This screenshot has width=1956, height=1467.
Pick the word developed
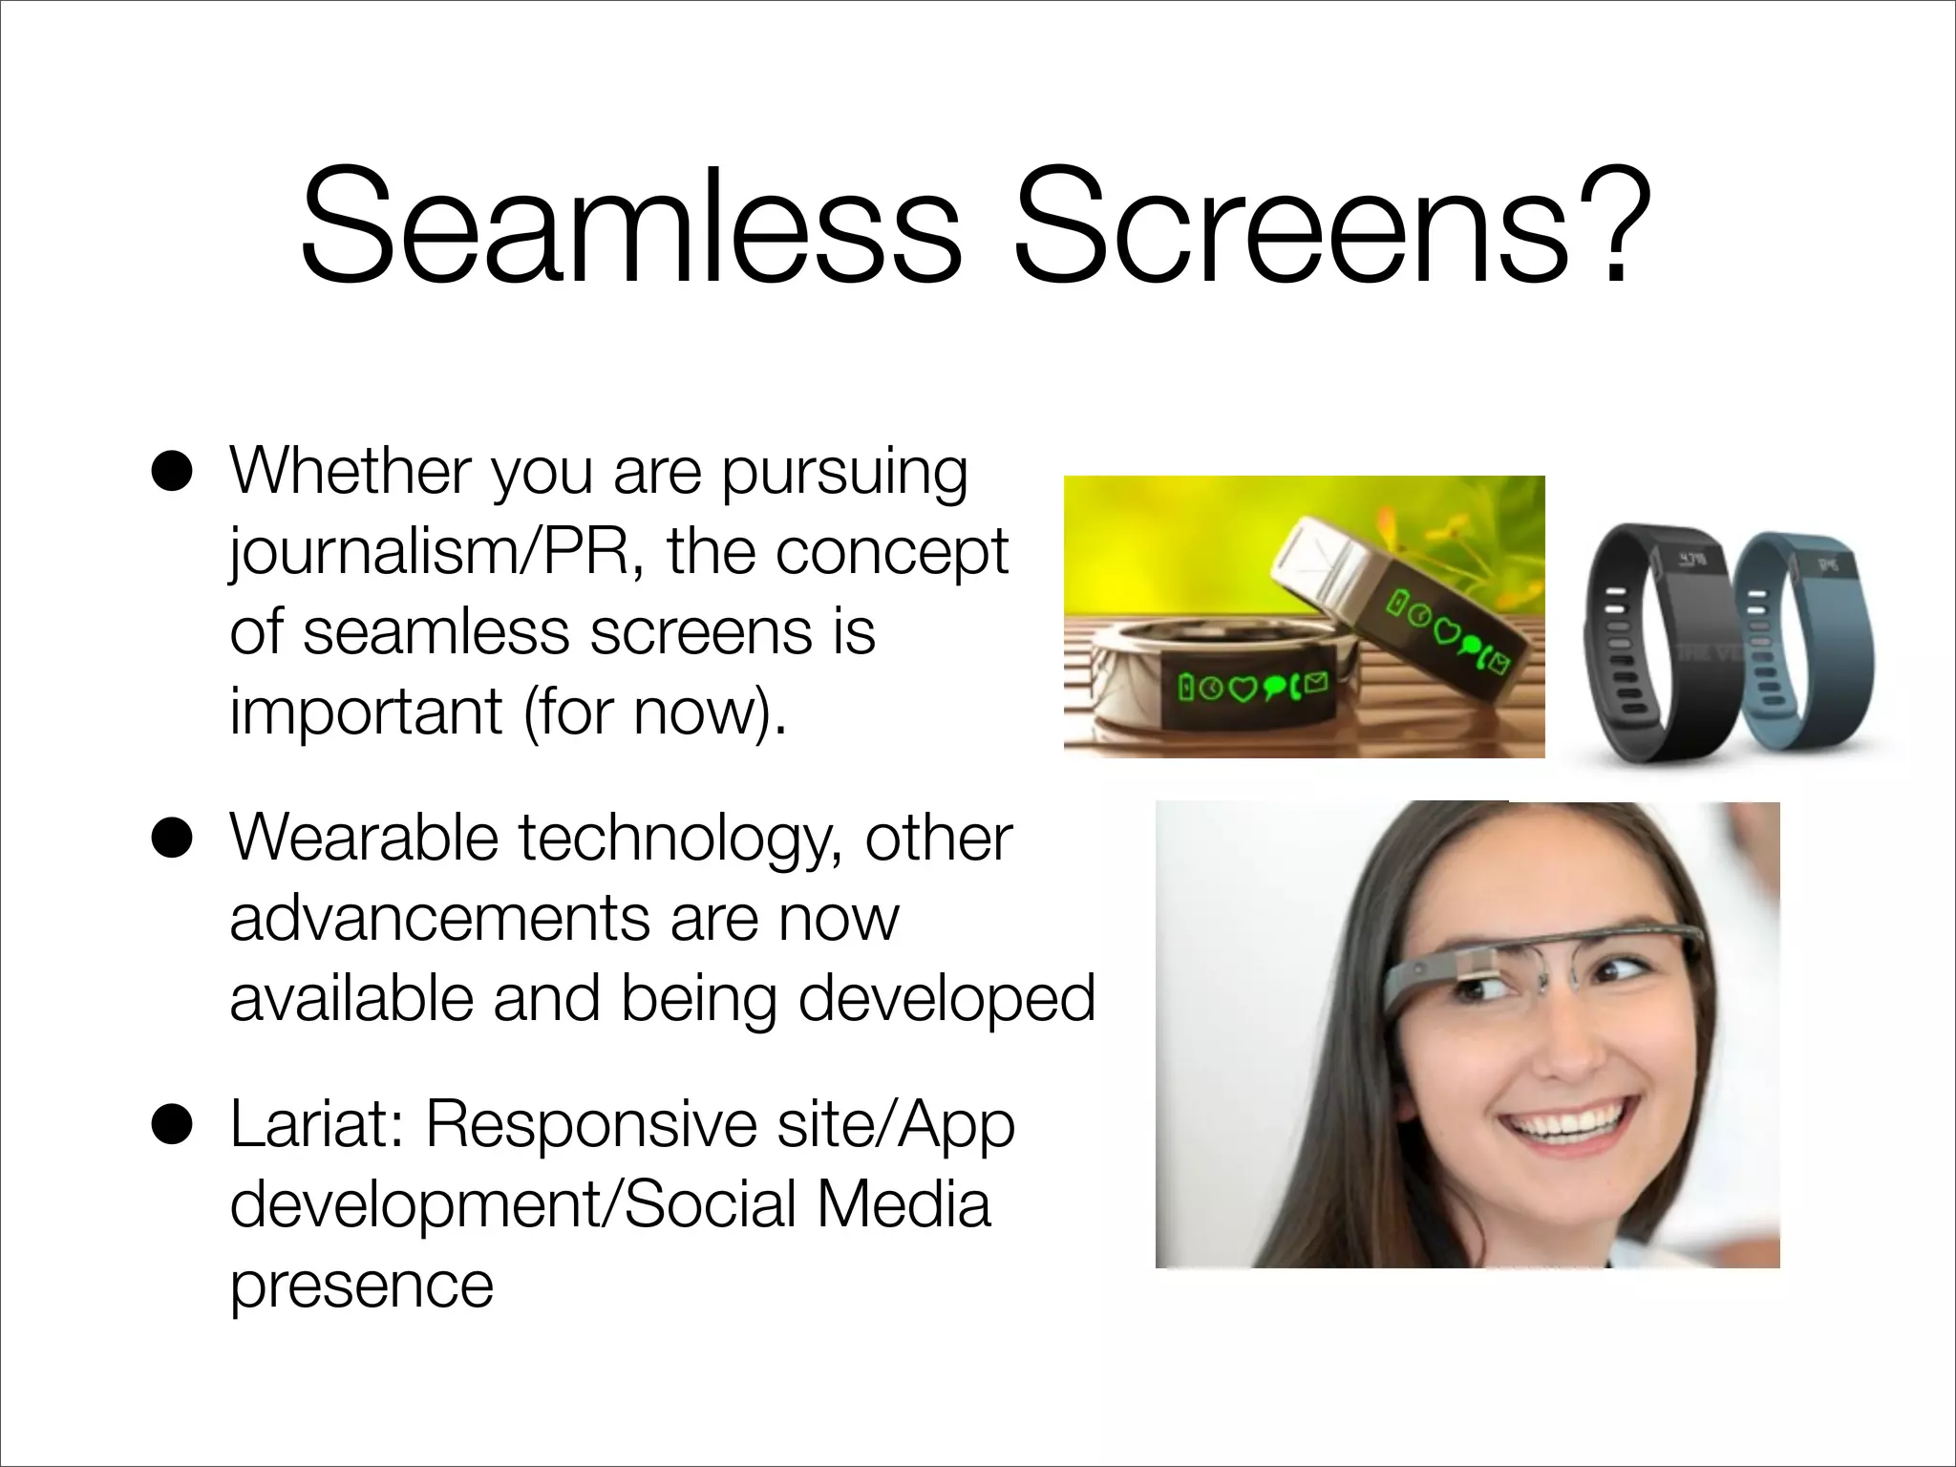click(946, 999)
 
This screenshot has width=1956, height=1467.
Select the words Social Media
click(807, 1205)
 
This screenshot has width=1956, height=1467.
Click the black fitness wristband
click(1652, 640)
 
